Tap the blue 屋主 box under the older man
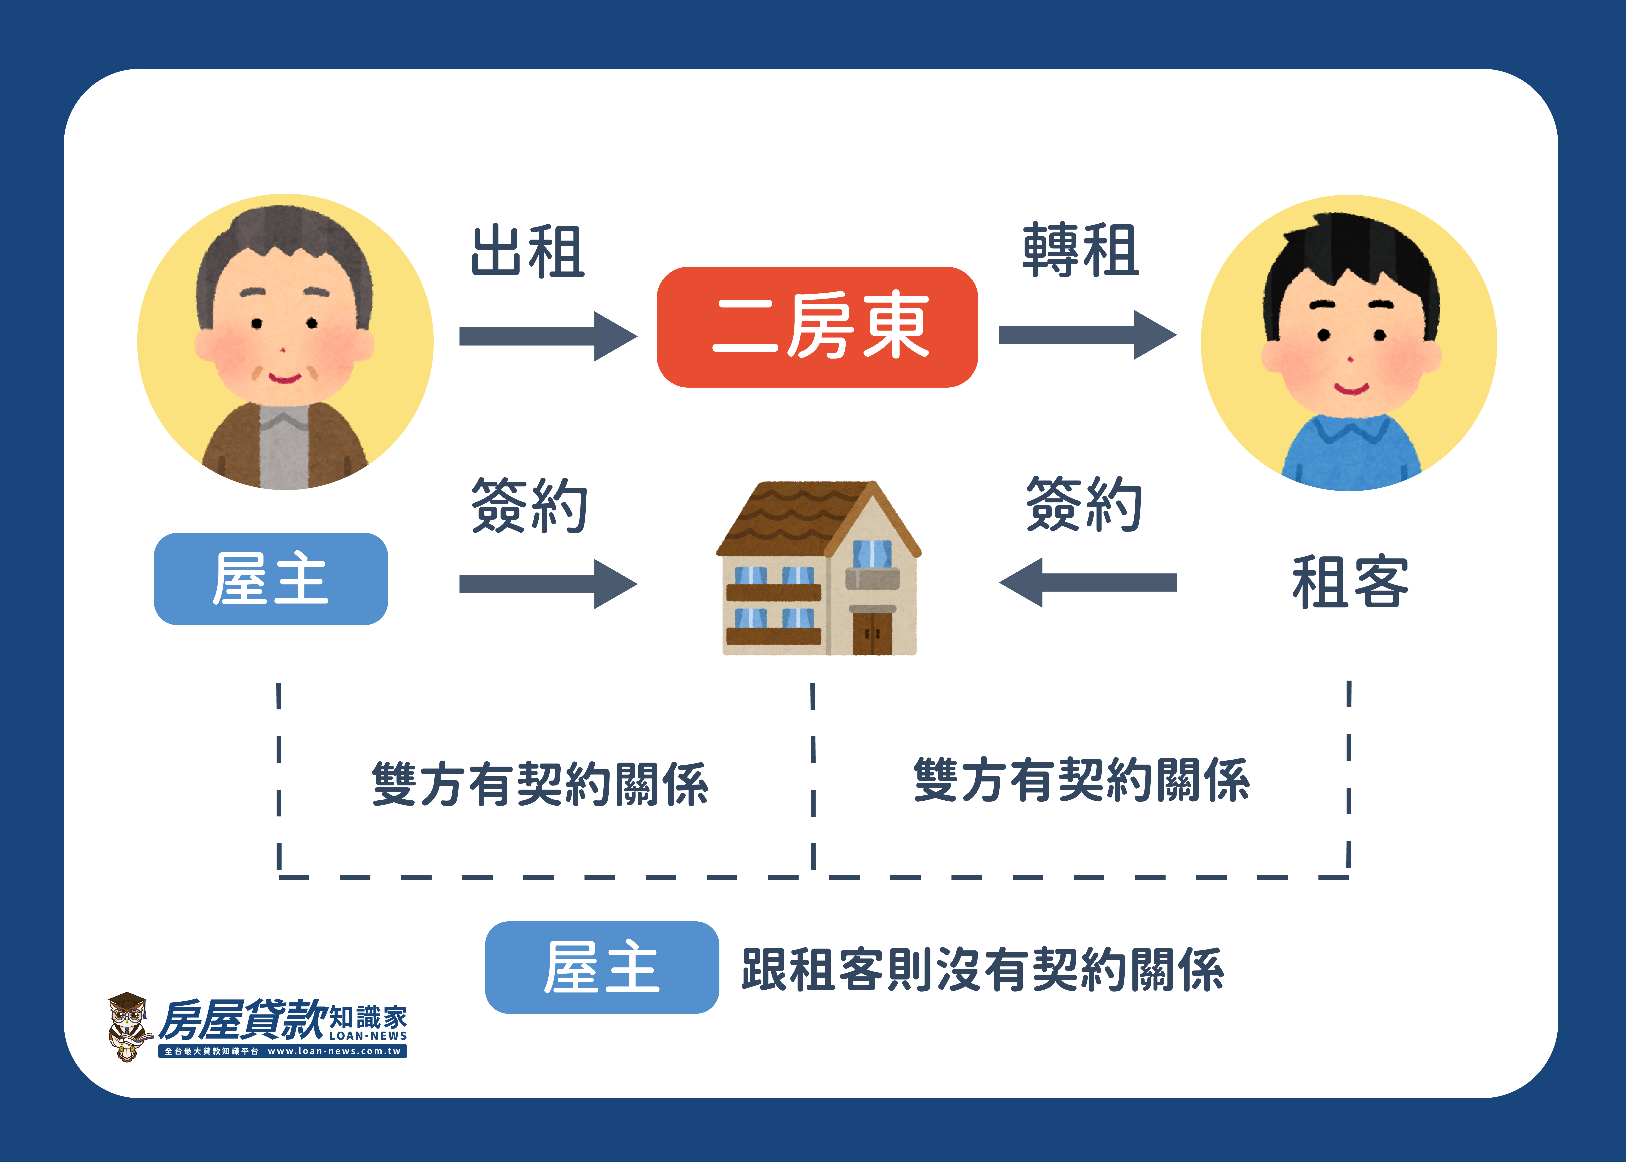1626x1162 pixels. coord(270,579)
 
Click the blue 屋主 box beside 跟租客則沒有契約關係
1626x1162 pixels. coord(602,967)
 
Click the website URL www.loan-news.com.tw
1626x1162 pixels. coord(334,1051)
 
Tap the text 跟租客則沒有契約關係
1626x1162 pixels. coord(983,970)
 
